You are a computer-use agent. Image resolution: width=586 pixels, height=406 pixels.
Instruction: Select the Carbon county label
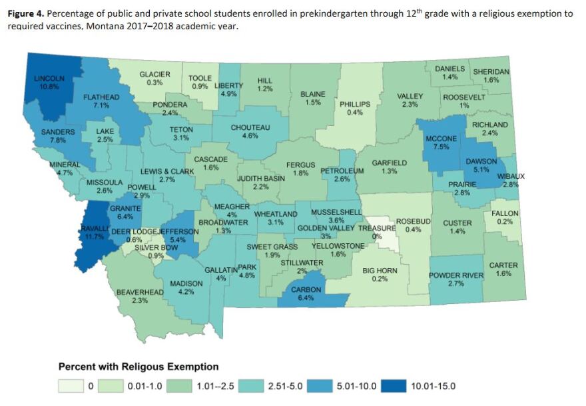[x=306, y=290]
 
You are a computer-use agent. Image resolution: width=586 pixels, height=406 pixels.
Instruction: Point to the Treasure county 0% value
[x=376, y=237]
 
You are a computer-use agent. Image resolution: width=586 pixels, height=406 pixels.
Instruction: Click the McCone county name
[x=441, y=139]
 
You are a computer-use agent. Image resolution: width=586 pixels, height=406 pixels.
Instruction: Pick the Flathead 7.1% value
[x=101, y=106]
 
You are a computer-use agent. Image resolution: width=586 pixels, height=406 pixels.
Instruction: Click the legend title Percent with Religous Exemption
[x=139, y=367]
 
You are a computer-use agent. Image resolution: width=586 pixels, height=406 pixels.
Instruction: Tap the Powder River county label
[x=455, y=275]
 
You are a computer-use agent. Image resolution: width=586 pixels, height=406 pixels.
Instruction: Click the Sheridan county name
[x=491, y=71]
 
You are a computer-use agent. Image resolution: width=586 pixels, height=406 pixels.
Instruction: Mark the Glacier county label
[x=154, y=74]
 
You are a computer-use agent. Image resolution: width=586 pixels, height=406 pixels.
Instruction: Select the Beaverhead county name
[x=140, y=292]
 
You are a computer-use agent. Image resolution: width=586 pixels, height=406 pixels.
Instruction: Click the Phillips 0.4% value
[x=355, y=113]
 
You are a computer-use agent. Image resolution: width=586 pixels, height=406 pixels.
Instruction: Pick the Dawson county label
[x=481, y=161]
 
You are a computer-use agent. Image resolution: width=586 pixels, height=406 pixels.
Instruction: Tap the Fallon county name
[x=505, y=213]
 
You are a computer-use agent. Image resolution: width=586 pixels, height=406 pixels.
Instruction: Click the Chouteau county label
[x=250, y=127]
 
